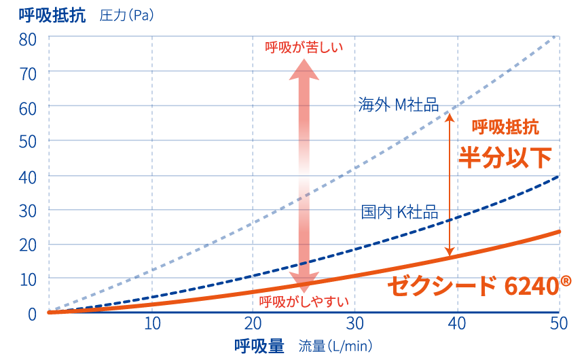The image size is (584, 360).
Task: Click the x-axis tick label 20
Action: click(253, 323)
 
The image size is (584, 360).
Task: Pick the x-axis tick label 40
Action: click(457, 323)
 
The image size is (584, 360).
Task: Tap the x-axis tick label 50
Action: click(558, 323)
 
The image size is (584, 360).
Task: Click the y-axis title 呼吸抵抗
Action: click(52, 15)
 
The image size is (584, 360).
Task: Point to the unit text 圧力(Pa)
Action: click(126, 16)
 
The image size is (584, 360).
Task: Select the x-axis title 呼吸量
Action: click(259, 346)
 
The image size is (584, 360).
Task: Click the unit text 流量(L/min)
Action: click(335, 346)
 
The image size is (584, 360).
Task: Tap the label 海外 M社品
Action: click(398, 105)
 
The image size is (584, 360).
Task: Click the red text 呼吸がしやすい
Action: click(304, 301)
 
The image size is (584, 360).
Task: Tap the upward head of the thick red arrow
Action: click(304, 69)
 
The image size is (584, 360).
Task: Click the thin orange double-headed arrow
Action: click(449, 183)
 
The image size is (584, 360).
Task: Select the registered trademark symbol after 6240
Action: click(565, 279)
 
